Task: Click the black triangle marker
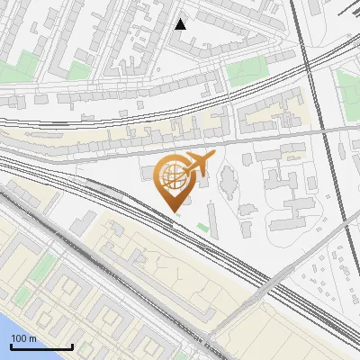(x=181, y=24)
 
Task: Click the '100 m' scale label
(x=24, y=338)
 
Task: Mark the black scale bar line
(x=41, y=346)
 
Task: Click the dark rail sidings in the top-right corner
(x=346, y=13)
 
